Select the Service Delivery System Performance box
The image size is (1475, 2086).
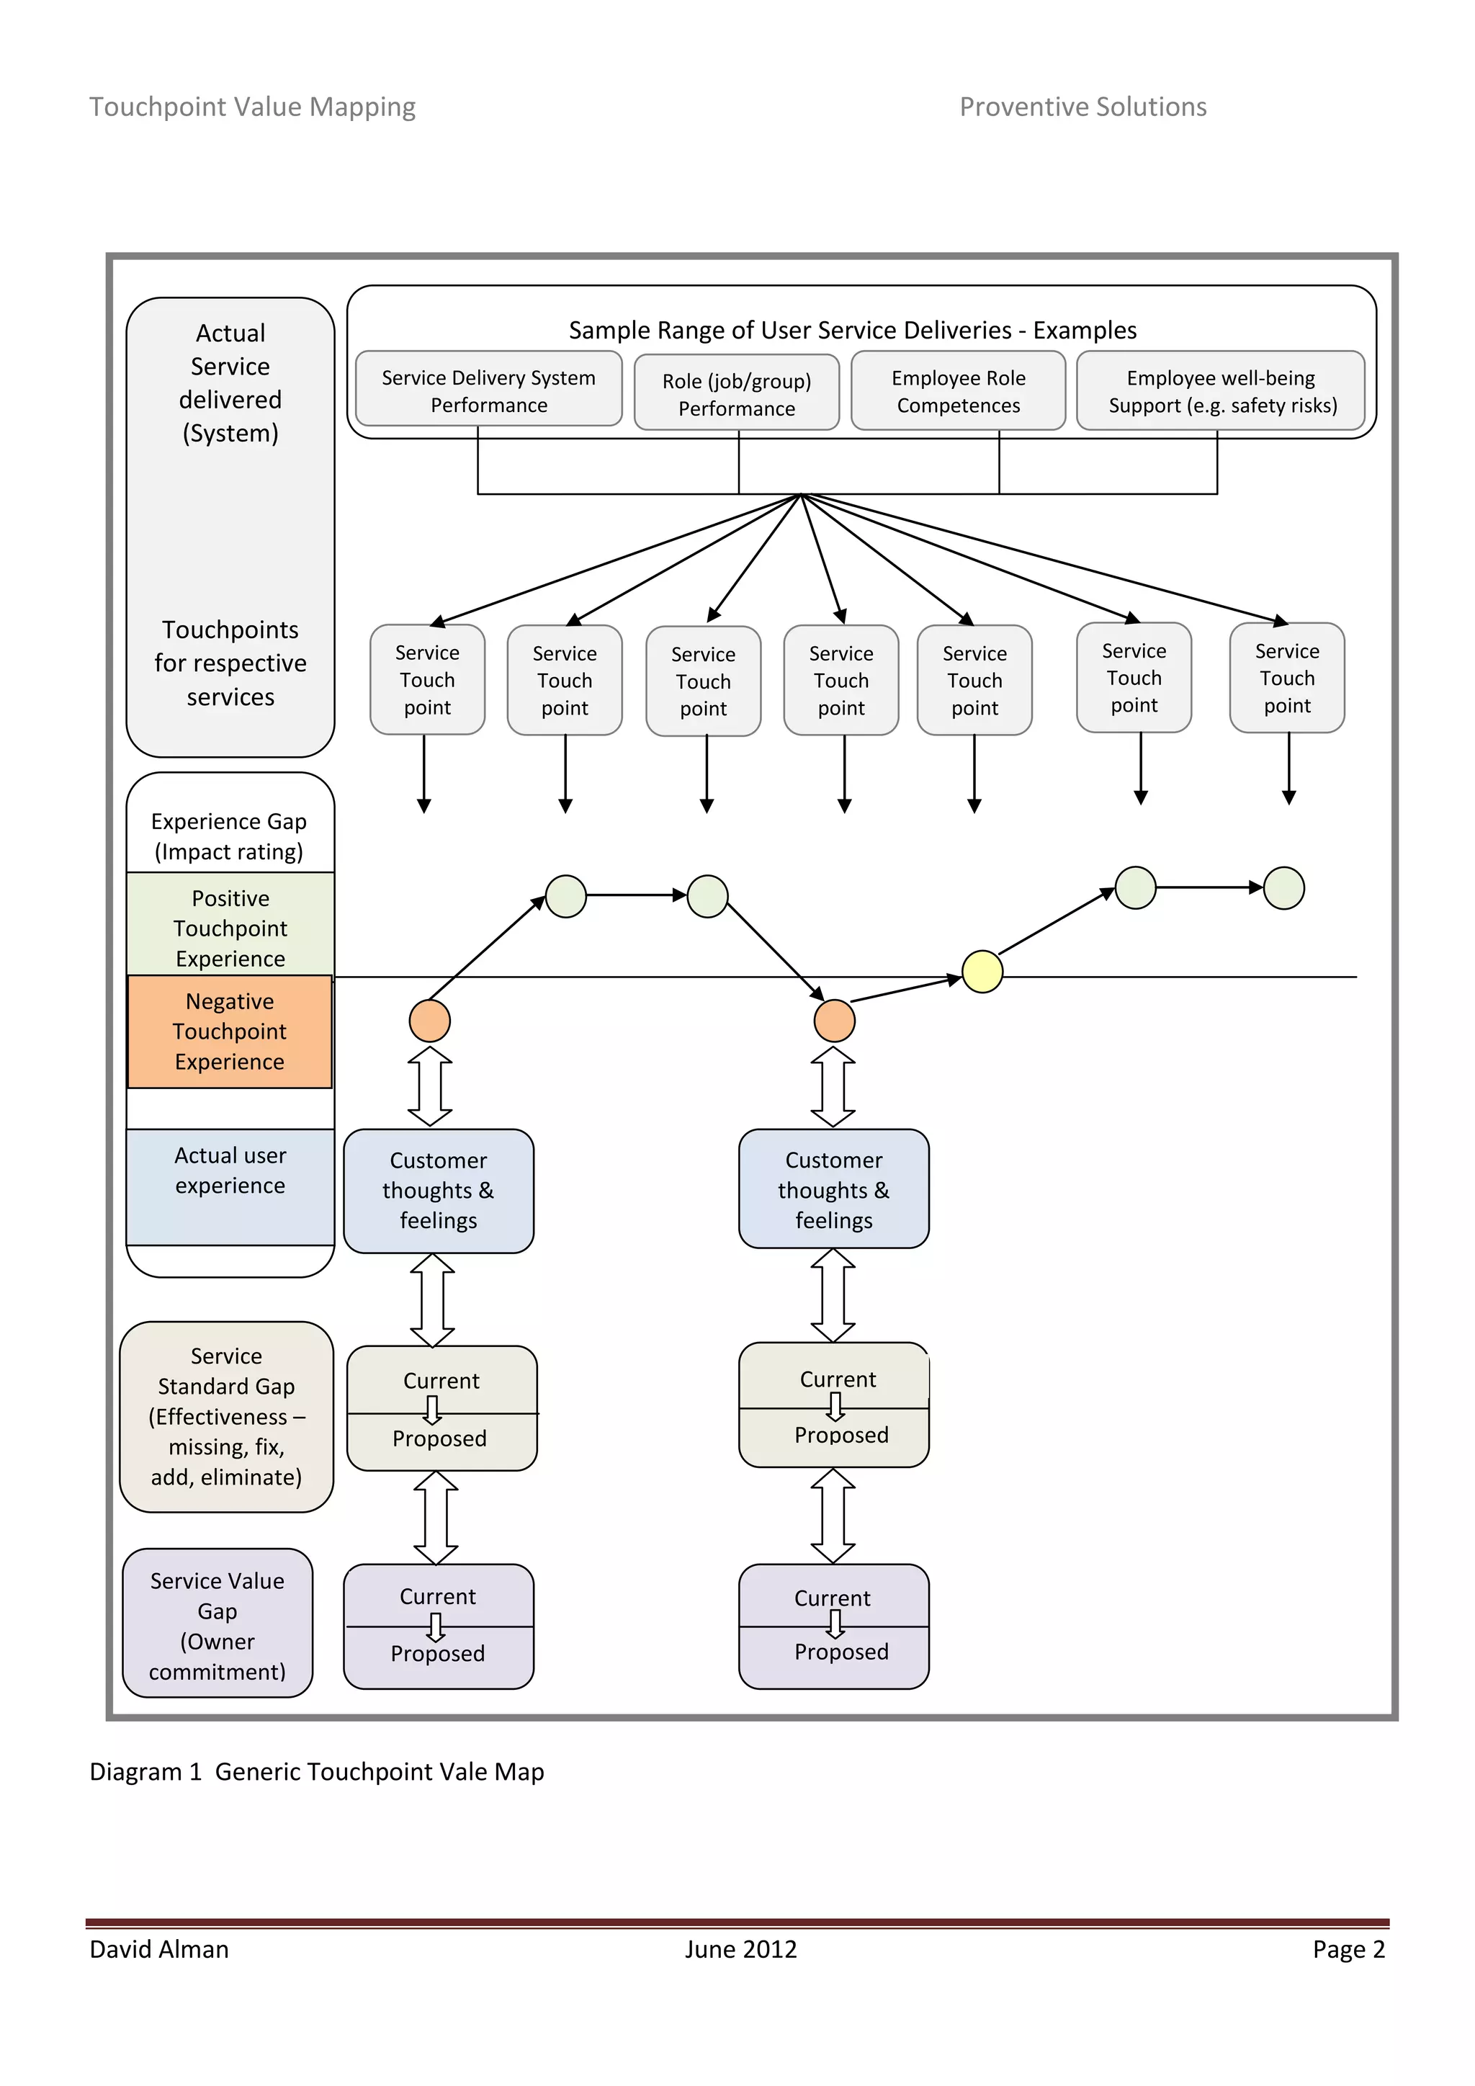tap(488, 390)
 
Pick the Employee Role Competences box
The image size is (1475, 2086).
tap(958, 390)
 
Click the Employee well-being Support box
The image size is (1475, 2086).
tap(1221, 390)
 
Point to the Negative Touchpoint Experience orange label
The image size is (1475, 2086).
tap(230, 1031)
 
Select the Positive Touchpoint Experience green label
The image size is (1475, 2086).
tap(230, 927)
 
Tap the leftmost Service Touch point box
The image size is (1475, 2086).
tap(427, 679)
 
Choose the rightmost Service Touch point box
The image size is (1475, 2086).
tap(1287, 678)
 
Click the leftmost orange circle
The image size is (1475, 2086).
tap(429, 1020)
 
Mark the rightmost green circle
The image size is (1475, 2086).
tap(1284, 887)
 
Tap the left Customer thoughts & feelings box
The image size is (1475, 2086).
tap(439, 1190)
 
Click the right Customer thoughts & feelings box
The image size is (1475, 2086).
tap(834, 1189)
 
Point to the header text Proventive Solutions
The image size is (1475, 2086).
tap(1082, 107)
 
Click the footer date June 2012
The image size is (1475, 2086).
tap(740, 1949)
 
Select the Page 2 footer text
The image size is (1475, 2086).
tap(1348, 1949)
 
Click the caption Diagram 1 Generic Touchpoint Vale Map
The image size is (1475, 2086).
tap(317, 1772)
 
